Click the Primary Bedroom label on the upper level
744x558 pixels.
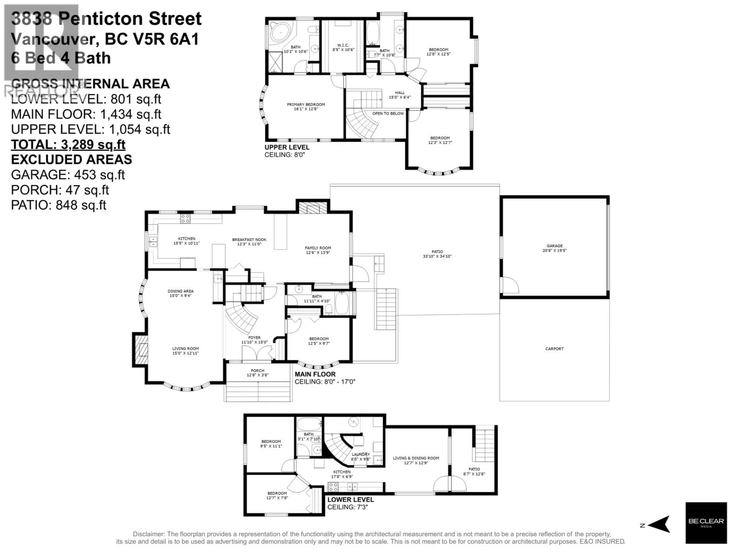(306, 107)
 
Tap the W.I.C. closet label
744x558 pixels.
(343, 47)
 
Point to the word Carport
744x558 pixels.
(554, 349)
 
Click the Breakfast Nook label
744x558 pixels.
(249, 241)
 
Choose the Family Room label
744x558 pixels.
(318, 250)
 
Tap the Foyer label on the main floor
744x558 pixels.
(254, 340)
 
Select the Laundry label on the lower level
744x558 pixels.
(361, 456)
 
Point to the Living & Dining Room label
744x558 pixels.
(416, 460)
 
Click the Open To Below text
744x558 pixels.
(388, 113)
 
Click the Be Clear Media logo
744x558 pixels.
(706, 523)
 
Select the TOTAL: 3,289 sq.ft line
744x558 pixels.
(68, 144)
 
